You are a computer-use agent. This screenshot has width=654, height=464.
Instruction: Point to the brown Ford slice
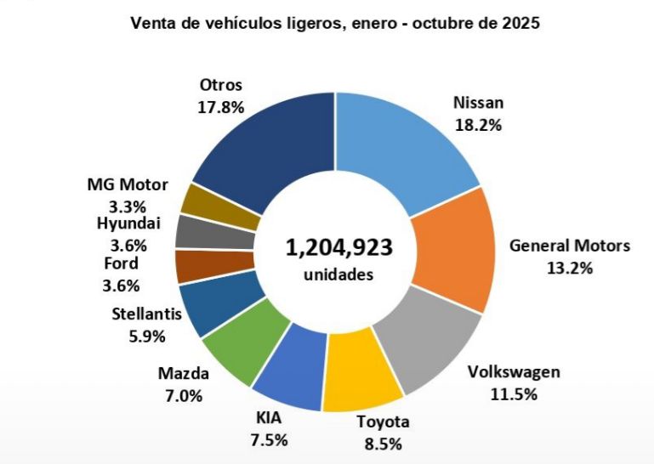pos(192,266)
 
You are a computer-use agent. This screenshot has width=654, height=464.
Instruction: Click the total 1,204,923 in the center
pos(338,248)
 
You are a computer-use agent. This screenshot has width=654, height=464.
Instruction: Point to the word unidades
pos(338,275)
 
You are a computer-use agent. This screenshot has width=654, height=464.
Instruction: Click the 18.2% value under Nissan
pos(478,125)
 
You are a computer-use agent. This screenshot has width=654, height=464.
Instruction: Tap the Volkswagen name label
pos(515,372)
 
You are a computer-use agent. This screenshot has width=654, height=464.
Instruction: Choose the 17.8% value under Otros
pos(221,107)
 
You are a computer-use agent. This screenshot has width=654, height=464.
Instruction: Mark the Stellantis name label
pos(147,314)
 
